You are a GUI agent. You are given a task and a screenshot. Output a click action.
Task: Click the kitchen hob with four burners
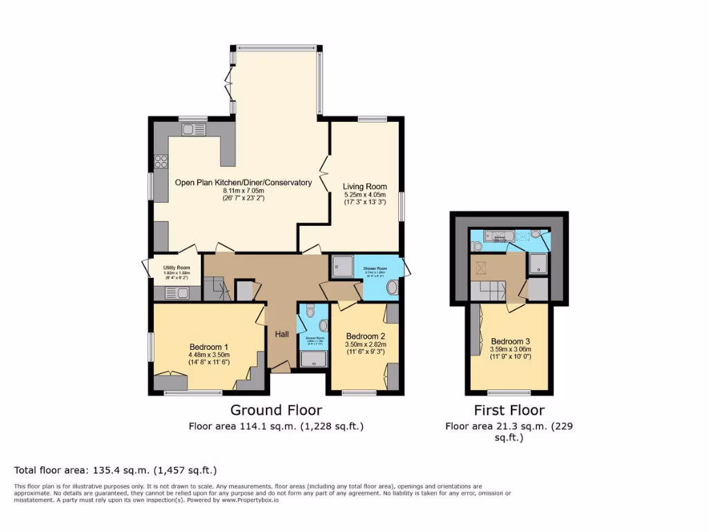(161, 161)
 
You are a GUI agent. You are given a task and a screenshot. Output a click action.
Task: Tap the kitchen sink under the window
(189, 129)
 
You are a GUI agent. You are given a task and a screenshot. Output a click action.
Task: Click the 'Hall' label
(282, 334)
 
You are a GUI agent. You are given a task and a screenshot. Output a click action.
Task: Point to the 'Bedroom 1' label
(208, 347)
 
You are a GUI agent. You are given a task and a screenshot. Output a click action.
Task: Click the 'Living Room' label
(365, 186)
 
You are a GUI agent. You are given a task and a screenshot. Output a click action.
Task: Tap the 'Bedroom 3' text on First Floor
(510, 342)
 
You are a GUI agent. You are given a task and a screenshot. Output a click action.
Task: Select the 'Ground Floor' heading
(276, 410)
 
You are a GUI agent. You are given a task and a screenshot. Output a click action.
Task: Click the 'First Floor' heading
(509, 410)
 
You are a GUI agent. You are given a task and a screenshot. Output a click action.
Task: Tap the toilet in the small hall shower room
(309, 312)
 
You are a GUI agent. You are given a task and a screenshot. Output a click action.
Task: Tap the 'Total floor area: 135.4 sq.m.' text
(116, 470)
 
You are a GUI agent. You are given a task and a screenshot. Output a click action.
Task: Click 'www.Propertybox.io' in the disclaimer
(250, 499)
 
